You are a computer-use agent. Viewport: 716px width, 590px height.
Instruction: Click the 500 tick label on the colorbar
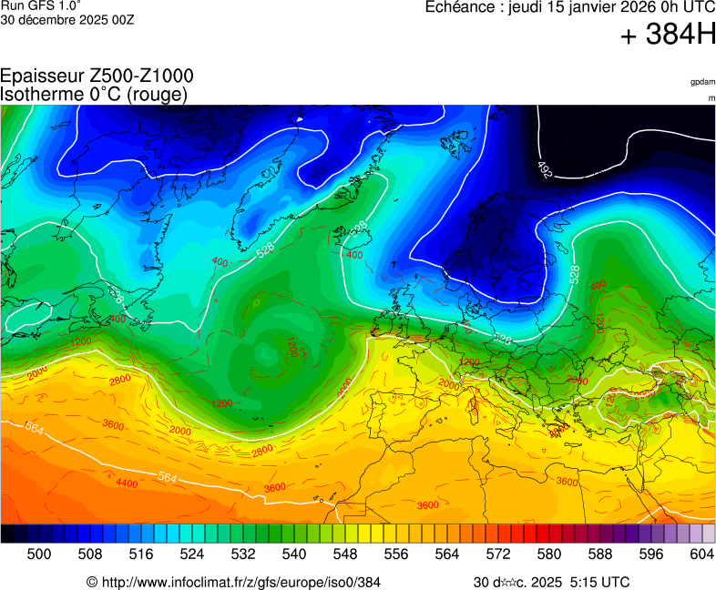(39, 554)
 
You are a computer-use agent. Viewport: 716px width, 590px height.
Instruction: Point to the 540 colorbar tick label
(293, 554)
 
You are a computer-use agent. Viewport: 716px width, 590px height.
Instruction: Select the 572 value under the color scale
(497, 554)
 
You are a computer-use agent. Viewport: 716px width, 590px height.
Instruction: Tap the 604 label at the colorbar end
(701, 554)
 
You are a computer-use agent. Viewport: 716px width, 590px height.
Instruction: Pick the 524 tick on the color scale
(191, 554)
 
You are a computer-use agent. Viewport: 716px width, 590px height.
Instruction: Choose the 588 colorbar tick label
(599, 554)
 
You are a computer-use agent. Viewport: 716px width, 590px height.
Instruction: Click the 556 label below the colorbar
(395, 554)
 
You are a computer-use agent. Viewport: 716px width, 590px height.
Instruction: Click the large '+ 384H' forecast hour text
(668, 36)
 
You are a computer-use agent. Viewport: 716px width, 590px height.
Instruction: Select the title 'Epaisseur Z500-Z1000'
(97, 76)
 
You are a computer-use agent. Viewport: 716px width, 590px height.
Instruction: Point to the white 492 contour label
(545, 169)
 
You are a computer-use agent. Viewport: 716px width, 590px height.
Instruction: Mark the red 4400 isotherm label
(127, 483)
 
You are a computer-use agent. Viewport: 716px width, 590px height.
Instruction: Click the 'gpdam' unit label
(702, 82)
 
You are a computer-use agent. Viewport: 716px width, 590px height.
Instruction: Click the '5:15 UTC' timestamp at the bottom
(599, 582)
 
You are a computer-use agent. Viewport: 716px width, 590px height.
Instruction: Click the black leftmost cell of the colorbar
(7, 534)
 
